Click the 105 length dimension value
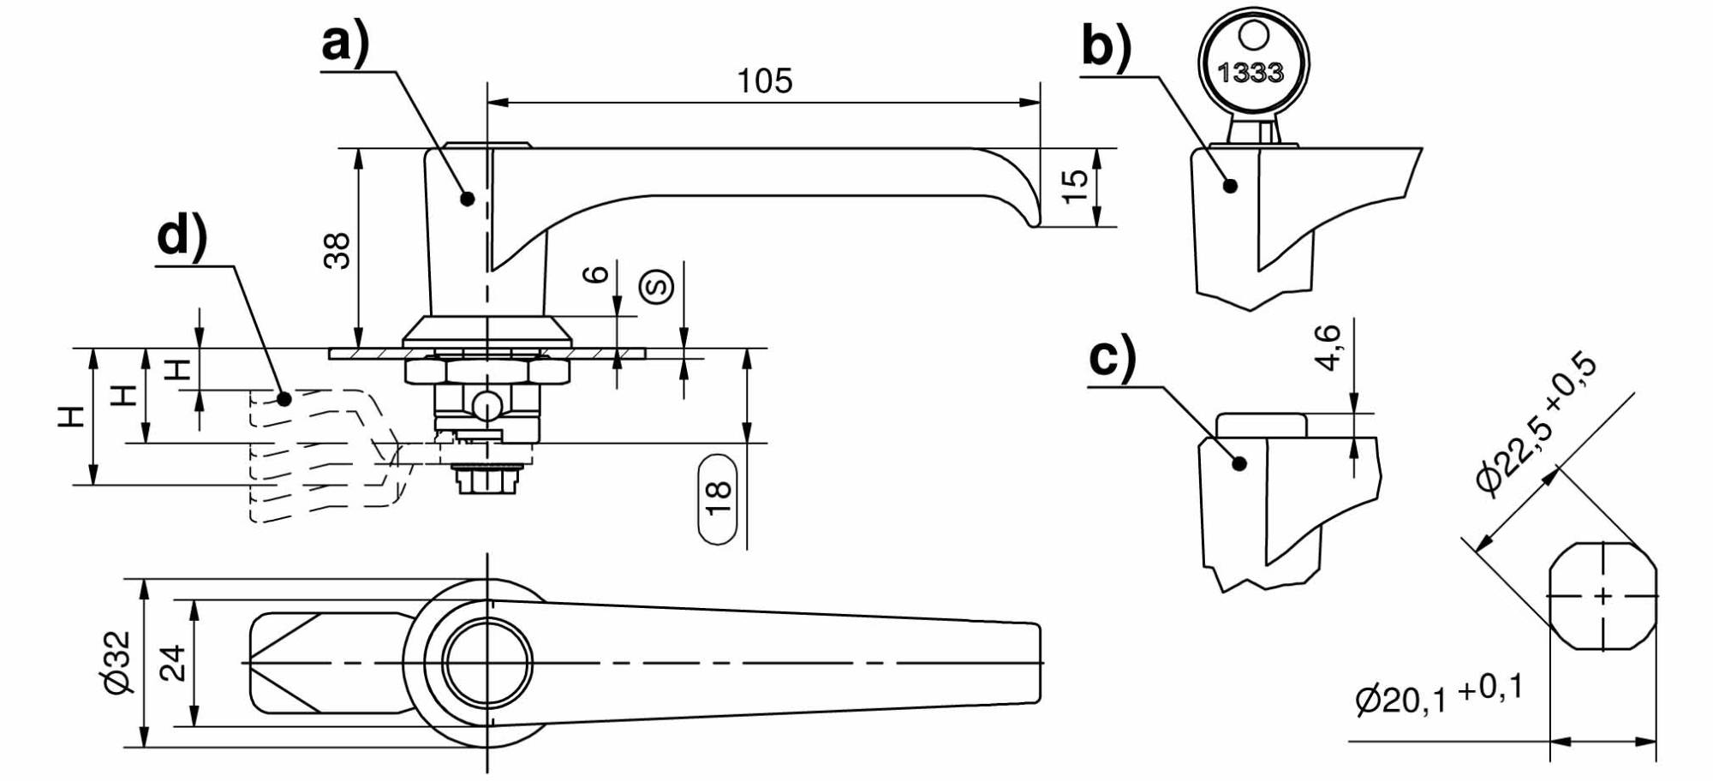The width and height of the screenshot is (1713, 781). click(765, 80)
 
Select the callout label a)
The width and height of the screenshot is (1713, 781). click(346, 43)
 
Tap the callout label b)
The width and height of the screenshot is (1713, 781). click(1107, 46)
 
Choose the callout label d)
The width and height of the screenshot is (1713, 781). click(182, 236)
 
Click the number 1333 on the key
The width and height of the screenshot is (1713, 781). click(1250, 73)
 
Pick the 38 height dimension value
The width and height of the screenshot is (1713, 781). click(337, 251)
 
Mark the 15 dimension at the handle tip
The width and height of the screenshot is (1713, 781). click(1074, 186)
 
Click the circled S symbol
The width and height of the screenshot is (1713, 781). click(658, 286)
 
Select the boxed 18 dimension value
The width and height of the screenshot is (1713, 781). click(718, 499)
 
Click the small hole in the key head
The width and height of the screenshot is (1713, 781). click(1250, 37)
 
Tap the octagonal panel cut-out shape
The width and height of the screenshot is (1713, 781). click(1602, 596)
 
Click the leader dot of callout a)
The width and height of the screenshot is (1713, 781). click(468, 198)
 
